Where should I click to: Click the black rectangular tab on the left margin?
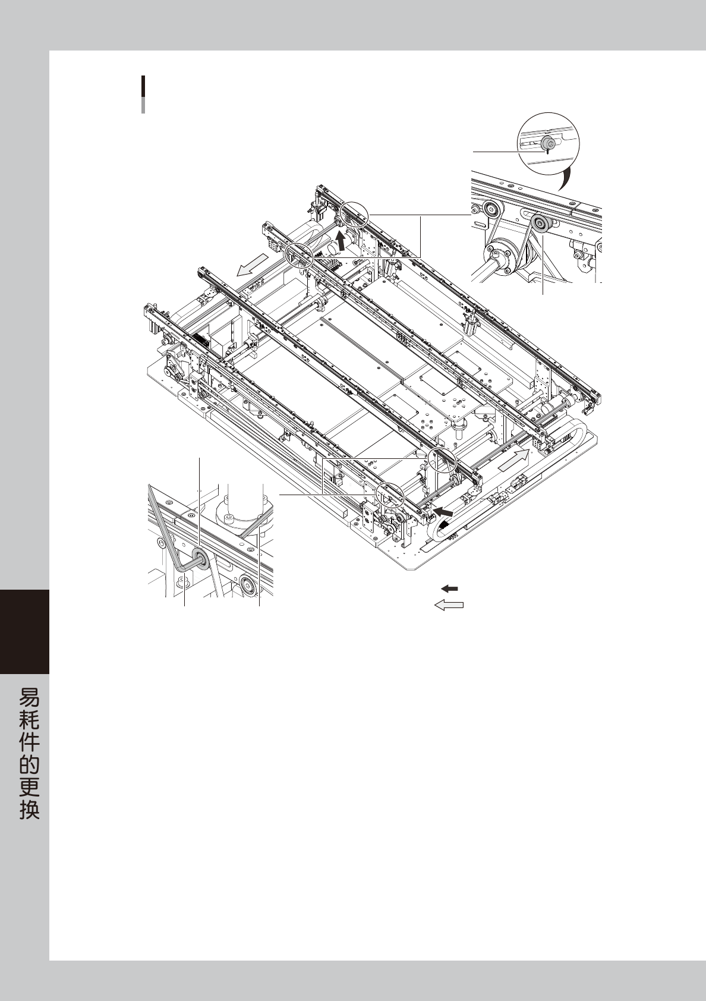(x=24, y=631)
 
